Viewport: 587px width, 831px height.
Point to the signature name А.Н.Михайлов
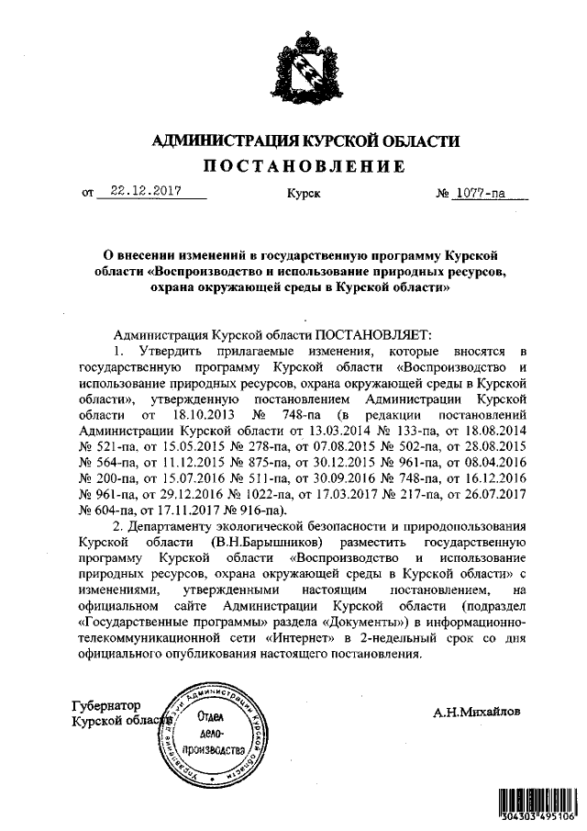click(x=481, y=711)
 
